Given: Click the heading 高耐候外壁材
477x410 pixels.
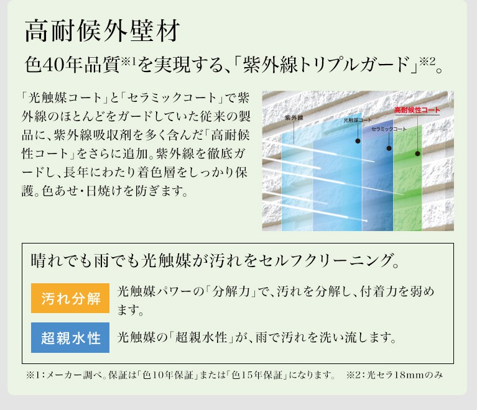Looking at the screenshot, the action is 102,30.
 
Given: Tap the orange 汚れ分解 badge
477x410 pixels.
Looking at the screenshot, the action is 70,298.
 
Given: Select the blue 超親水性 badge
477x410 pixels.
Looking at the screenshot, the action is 70,338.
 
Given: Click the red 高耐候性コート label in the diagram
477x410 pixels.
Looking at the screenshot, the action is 417,110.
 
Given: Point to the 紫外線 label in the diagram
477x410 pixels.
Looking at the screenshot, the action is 294,117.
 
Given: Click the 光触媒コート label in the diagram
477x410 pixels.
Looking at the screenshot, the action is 358,120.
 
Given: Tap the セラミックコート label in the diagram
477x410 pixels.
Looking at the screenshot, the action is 389,129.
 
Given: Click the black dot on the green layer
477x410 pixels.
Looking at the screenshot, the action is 418,154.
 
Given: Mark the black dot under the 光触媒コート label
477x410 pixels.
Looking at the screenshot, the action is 358,141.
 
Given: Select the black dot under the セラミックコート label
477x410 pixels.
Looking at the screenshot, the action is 389,148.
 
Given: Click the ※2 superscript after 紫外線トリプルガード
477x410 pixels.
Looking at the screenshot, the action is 427,61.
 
